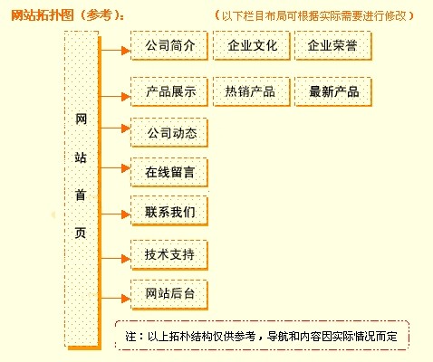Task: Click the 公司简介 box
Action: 169,46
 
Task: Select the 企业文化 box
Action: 252,46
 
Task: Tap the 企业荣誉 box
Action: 333,46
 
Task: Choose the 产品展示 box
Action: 169,91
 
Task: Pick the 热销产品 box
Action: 252,91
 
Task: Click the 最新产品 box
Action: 333,91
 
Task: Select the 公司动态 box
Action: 169,133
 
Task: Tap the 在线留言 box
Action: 169,172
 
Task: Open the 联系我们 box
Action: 169,211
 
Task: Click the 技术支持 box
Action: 169,255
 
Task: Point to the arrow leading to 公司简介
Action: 116,51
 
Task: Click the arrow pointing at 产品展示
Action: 116,97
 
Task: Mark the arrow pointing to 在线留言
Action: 116,168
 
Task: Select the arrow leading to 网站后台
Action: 116,299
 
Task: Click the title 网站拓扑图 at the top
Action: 43,15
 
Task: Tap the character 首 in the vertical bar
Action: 81,195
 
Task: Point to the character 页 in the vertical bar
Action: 81,233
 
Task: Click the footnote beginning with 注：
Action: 262,336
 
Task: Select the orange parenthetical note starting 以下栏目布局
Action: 314,15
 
